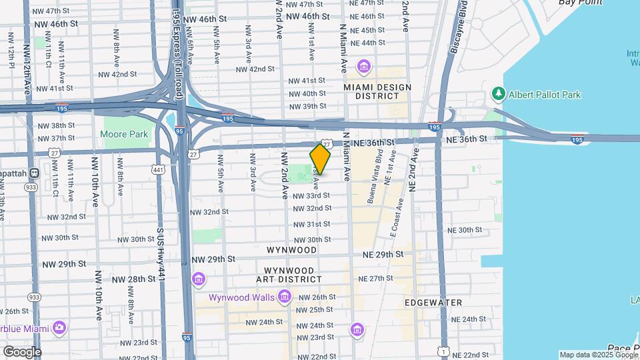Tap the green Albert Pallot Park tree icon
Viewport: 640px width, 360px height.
tap(497, 94)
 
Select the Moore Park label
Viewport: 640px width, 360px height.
tap(124, 134)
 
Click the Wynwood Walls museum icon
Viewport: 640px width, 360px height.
tap(285, 296)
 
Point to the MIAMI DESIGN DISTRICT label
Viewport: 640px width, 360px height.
tap(377, 91)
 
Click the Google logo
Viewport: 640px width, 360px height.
tap(22, 352)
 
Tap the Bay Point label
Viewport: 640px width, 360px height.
tap(581, 3)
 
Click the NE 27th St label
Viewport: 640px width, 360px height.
tap(376, 279)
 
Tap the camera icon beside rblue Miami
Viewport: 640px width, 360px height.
tap(59, 327)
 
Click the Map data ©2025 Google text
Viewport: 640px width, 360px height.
tap(597, 355)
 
